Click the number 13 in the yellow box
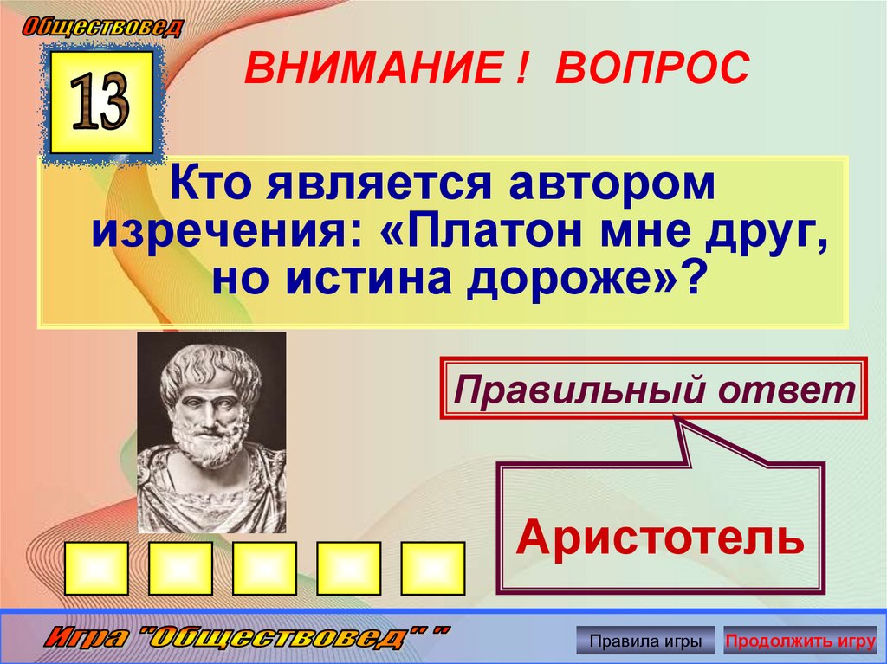click(101, 102)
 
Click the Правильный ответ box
click(655, 387)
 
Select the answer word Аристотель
click(660, 539)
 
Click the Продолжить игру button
click(800, 641)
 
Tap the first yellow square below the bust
click(96, 568)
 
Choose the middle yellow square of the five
click(265, 568)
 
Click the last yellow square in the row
click(433, 568)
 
